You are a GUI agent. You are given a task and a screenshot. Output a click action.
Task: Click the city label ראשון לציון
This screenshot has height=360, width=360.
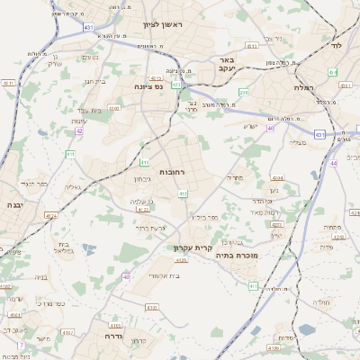(162, 25)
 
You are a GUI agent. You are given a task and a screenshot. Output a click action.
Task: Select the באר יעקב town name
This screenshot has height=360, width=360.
(226, 64)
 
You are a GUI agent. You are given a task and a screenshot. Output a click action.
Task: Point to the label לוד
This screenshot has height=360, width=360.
(338, 43)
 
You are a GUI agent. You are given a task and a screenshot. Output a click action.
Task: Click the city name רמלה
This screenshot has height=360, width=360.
(302, 87)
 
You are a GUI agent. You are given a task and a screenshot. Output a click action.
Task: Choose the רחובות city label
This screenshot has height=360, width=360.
(171, 171)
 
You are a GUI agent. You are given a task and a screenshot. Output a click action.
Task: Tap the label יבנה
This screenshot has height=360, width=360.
(13, 205)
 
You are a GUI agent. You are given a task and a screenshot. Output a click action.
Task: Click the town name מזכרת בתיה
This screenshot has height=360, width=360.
(237, 256)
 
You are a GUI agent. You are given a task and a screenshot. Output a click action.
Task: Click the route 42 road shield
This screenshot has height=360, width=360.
(79, 131)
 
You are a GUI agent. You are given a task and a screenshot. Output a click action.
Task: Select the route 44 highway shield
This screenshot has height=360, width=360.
(332, 163)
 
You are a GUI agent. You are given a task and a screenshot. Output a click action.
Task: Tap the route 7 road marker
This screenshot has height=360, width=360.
(19, 345)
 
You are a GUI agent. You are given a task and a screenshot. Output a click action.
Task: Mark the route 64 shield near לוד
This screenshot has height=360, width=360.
(333, 71)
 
